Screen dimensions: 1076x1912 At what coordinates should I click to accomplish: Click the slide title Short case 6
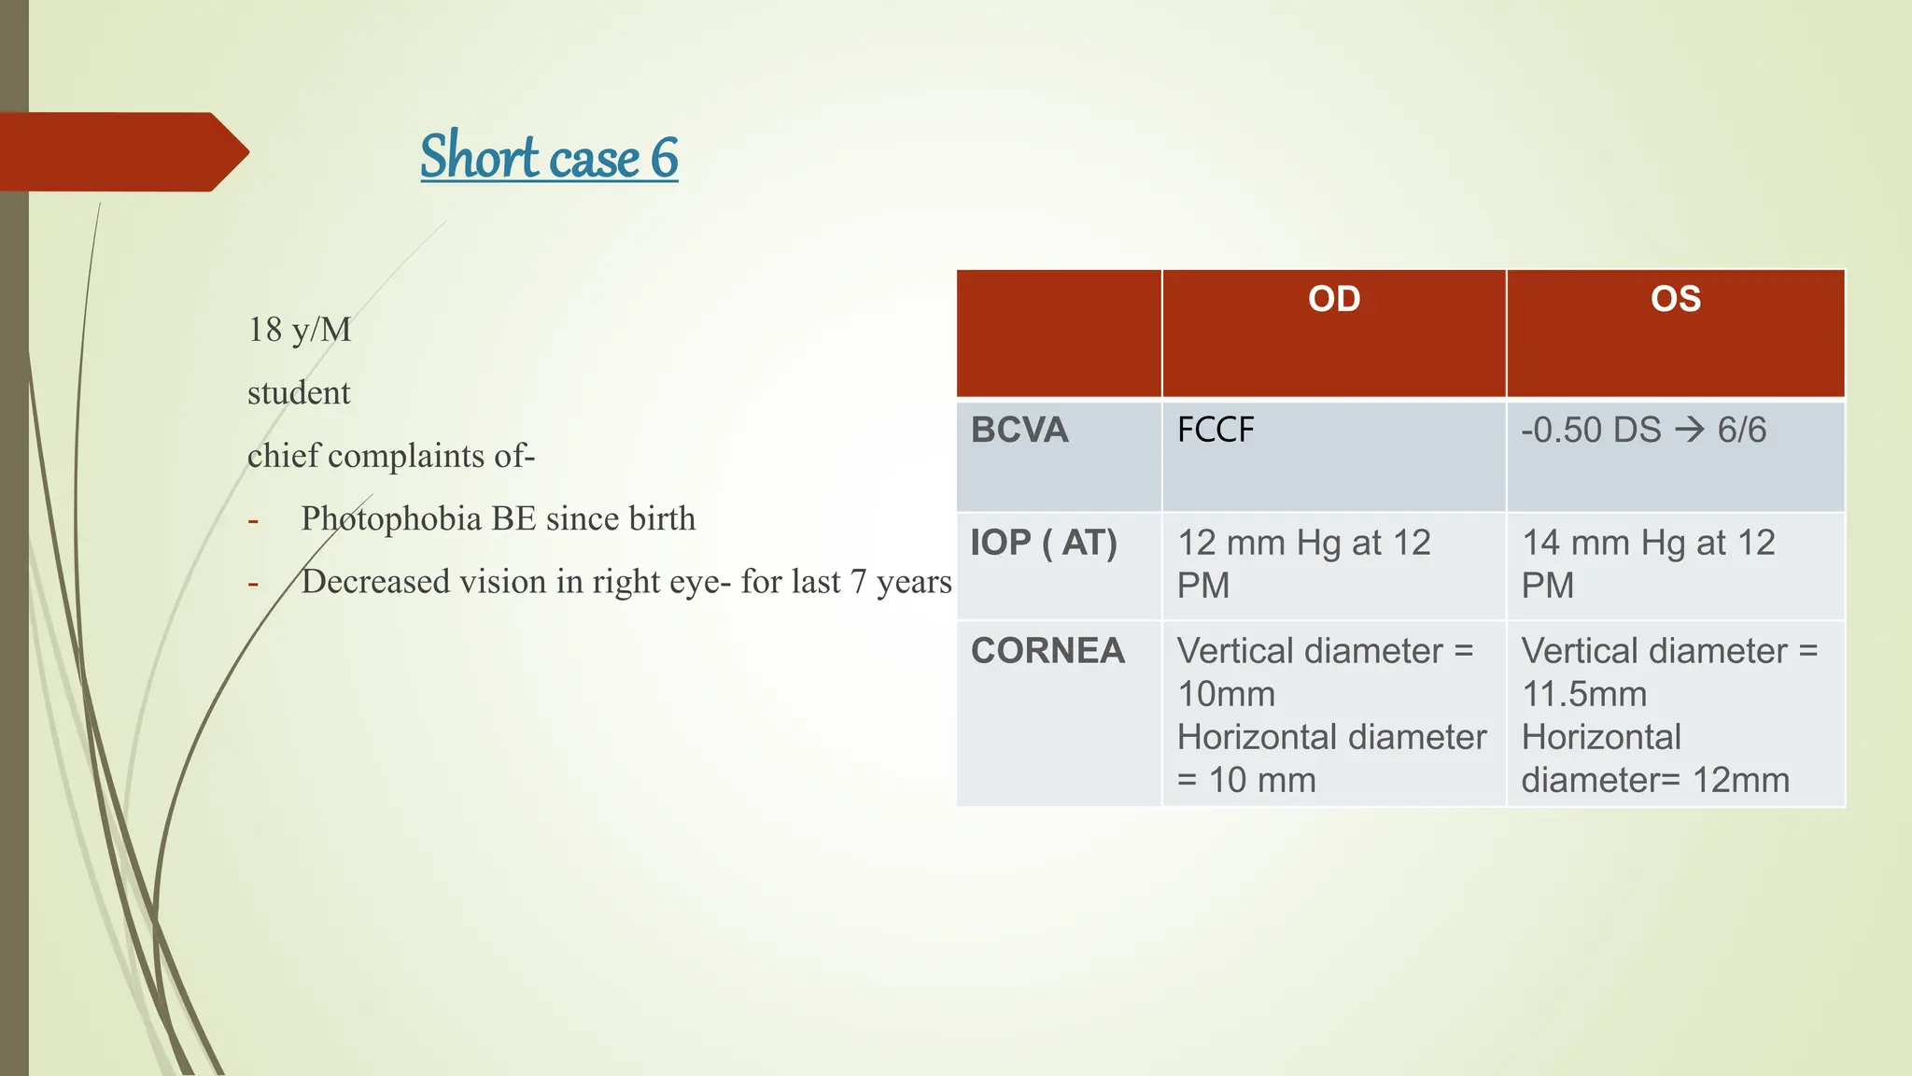coord(549,156)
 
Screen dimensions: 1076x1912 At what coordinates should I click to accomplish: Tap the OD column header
coord(1333,299)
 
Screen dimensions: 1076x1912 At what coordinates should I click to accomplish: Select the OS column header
coord(1675,299)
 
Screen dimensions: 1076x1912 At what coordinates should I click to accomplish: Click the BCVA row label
coord(1019,430)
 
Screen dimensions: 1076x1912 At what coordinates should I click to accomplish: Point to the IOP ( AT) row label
coord(1043,543)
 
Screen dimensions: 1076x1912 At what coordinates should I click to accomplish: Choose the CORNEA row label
coord(1047,651)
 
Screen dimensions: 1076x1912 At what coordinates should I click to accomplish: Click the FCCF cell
coord(1216,430)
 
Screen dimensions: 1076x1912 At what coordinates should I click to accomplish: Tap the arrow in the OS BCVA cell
coord(1689,430)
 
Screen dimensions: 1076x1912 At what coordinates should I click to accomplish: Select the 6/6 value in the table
coord(1742,430)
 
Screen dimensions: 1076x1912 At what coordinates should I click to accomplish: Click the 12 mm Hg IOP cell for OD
coord(1303,563)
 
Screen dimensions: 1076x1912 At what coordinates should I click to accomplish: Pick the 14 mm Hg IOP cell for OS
coord(1648,563)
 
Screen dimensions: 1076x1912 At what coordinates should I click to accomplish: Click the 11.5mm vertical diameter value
coord(1584,694)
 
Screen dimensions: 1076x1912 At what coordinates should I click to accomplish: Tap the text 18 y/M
coord(299,330)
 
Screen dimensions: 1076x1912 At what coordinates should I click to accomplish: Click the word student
coord(299,393)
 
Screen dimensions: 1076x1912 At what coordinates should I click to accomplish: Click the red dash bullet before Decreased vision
coord(253,584)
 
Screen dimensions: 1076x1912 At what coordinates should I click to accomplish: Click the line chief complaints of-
coord(390,456)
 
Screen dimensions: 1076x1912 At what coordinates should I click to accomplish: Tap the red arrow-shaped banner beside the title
coord(121,152)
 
